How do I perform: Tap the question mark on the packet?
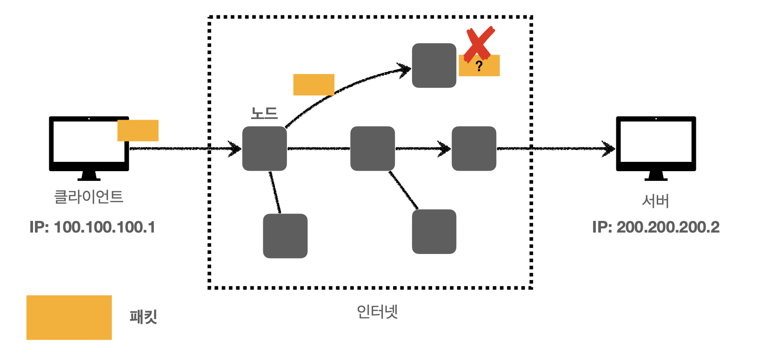[479, 66]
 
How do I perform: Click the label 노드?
[264, 113]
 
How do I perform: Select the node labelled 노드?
[264, 148]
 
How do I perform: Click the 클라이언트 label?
[89, 197]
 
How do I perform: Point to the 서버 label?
[655, 201]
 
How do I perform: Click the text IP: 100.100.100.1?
[92, 227]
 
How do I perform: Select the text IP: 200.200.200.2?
[656, 227]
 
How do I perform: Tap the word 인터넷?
[377, 311]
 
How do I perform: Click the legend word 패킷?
[143, 317]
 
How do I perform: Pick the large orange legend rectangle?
[69, 317]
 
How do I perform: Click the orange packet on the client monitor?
[138, 130]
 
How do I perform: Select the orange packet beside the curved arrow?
[313, 85]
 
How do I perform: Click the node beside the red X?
[434, 66]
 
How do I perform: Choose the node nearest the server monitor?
[474, 148]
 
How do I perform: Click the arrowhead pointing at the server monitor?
[609, 149]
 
